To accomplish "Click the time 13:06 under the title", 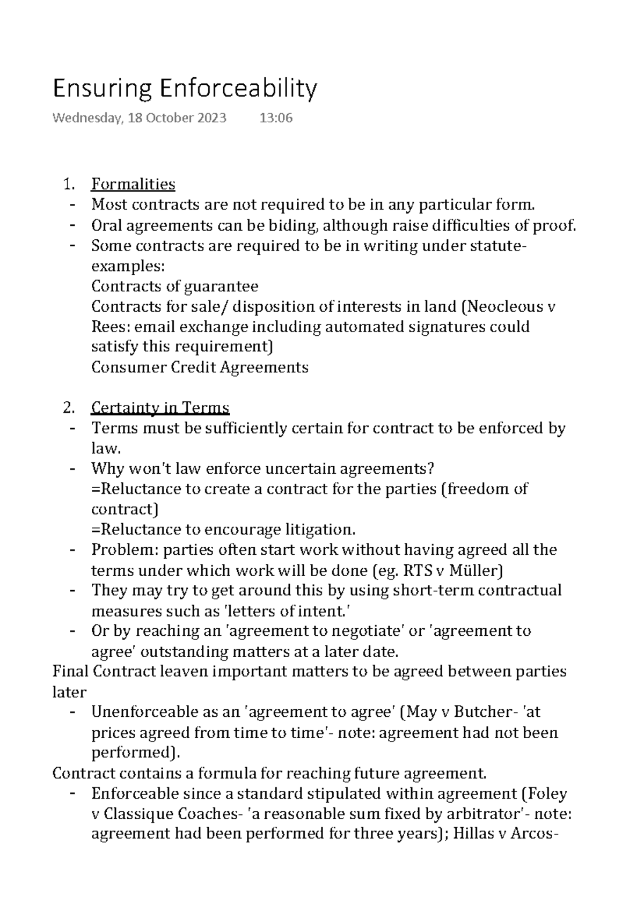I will pyautogui.click(x=276, y=118).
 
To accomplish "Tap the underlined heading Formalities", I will pyautogui.click(x=133, y=184).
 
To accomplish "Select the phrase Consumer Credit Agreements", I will pyautogui.click(x=200, y=368).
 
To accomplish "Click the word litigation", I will pyautogui.click(x=319, y=530).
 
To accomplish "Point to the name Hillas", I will pyautogui.click(x=474, y=834).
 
